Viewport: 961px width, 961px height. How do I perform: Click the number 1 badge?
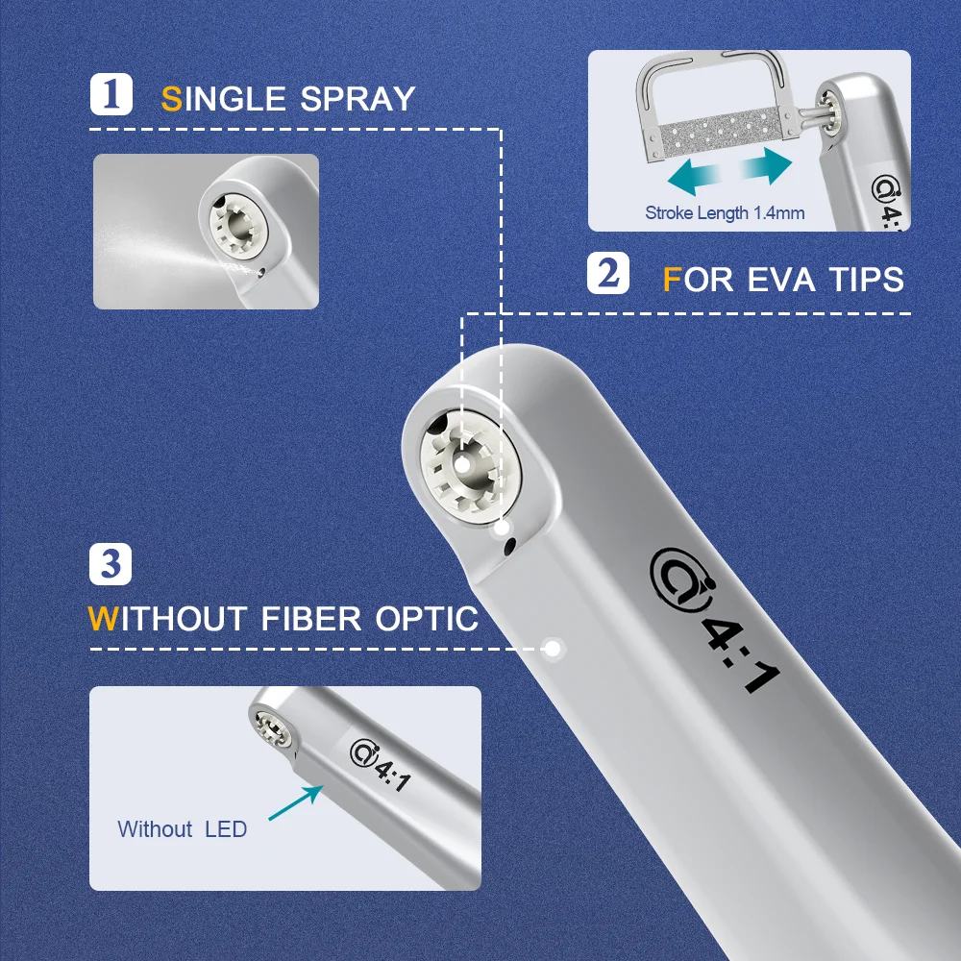pos(111,94)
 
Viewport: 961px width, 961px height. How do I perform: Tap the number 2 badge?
pos(608,273)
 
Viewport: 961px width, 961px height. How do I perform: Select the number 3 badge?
pos(111,564)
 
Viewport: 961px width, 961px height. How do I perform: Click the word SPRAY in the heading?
pos(357,99)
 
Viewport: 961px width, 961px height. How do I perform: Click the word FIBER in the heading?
pos(311,618)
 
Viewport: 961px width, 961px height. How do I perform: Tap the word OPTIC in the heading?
pos(427,618)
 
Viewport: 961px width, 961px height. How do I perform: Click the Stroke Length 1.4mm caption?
pos(725,212)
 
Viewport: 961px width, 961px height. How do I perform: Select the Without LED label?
pos(182,828)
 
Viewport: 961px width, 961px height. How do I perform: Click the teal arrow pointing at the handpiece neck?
pos(296,802)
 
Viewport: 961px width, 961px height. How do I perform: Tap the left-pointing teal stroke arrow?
pos(694,177)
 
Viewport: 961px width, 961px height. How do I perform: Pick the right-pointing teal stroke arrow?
pos(766,165)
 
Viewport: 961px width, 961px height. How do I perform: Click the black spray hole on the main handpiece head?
pos(508,545)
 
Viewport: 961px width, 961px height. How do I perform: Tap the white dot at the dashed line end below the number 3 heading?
pos(553,649)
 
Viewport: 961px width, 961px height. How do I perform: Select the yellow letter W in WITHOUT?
pos(103,618)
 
